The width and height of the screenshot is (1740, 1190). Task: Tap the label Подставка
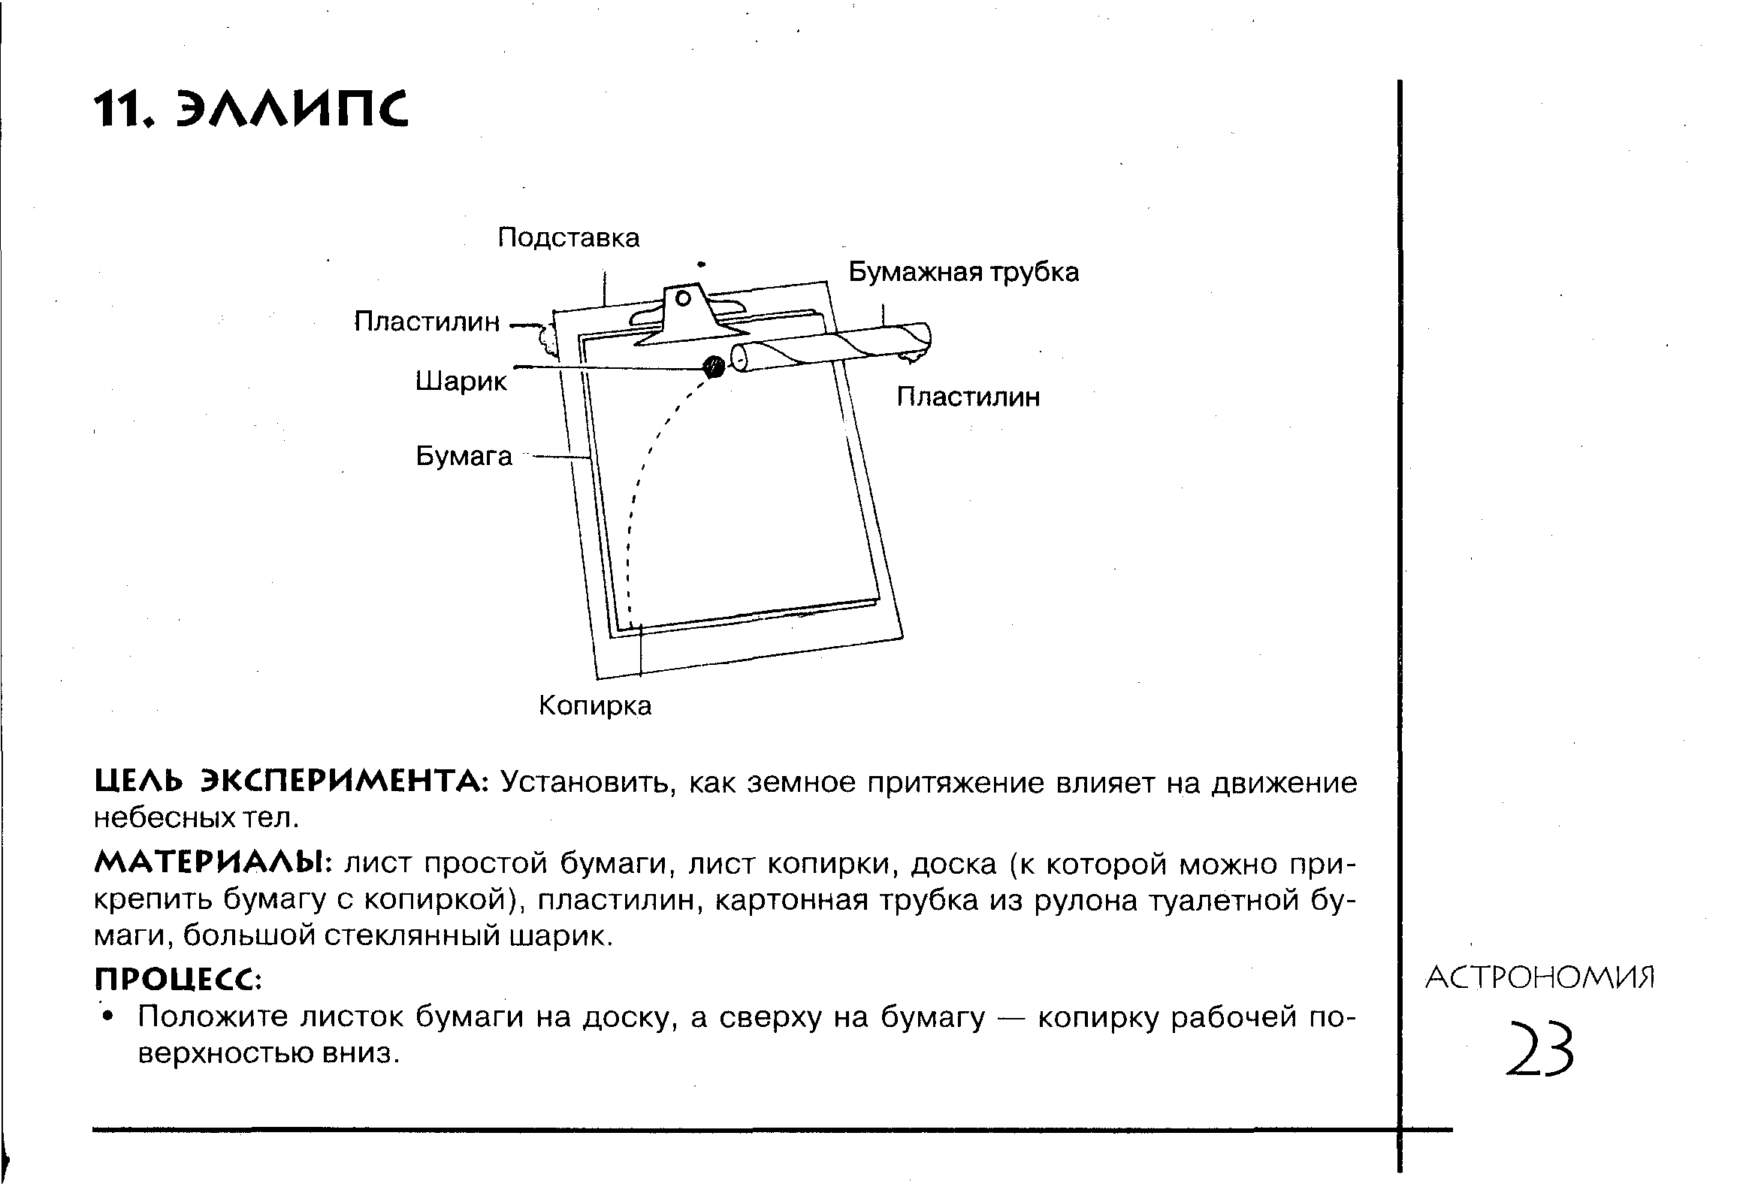[569, 238]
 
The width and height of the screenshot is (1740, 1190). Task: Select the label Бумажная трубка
[963, 272]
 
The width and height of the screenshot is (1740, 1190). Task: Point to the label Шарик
[461, 382]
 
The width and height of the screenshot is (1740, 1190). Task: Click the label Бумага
[464, 456]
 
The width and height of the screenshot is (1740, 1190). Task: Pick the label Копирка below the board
[595, 705]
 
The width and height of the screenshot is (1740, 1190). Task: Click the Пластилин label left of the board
[427, 322]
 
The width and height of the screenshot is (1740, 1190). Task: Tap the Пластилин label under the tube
[968, 397]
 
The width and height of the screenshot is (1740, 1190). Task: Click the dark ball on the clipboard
[713, 367]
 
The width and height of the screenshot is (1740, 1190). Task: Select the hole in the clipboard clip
[683, 299]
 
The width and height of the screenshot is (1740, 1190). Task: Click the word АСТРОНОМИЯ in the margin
[1540, 978]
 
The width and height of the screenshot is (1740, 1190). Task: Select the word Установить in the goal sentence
[583, 782]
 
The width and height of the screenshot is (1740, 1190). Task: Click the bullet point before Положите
[110, 1016]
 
